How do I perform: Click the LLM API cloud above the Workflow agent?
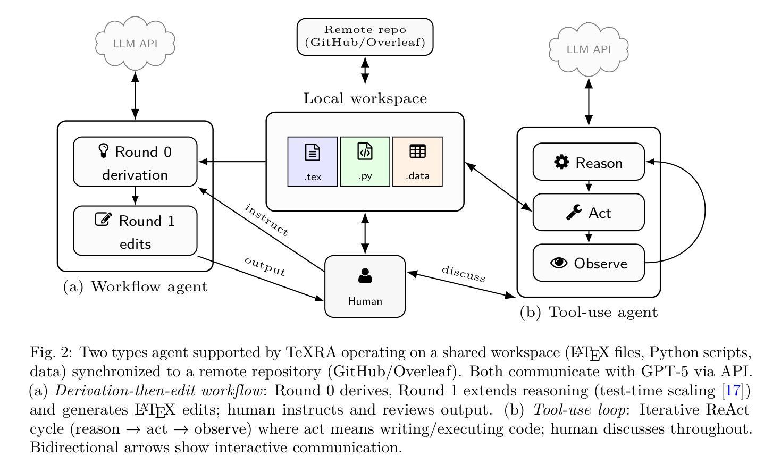(135, 43)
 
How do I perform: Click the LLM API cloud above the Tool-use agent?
(589, 49)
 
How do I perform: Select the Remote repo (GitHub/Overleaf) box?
(365, 37)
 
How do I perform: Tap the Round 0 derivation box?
(135, 162)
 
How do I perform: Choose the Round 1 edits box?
(135, 231)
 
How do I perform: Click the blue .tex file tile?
(313, 162)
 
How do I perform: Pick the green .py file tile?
(365, 162)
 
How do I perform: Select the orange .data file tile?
(417, 162)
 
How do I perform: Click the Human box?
(365, 286)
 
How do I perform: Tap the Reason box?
(589, 162)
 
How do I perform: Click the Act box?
(589, 213)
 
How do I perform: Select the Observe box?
(589, 263)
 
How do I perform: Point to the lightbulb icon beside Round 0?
(104, 151)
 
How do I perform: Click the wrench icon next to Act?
(574, 213)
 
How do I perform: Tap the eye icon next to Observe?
(559, 263)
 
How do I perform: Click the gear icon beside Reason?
(561, 162)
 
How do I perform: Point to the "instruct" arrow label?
(266, 220)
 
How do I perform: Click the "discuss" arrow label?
(464, 274)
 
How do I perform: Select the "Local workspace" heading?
(365, 99)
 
